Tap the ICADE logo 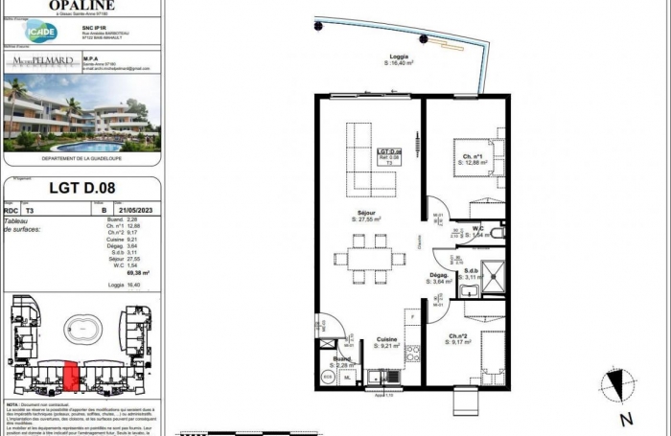[x=41, y=32]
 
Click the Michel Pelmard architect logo [x=44, y=61]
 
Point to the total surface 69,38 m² [x=123, y=272]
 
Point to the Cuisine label [x=385, y=339]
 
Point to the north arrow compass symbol [x=617, y=387]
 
